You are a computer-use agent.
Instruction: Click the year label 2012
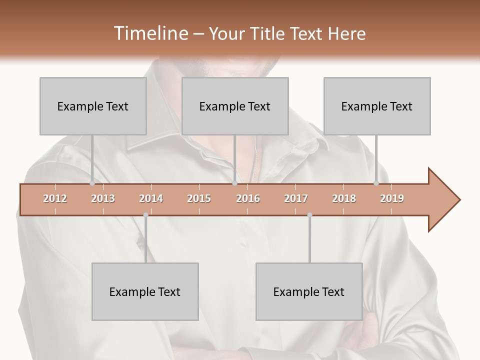55,198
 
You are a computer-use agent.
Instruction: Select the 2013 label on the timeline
103,198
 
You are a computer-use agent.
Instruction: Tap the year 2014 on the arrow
151,198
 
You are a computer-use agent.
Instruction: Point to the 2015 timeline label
199,198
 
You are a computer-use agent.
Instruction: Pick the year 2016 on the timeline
248,198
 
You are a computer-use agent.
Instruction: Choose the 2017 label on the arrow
296,198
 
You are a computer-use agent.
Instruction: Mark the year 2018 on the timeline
344,198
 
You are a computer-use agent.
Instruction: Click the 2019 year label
392,198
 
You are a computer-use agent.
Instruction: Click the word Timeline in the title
150,33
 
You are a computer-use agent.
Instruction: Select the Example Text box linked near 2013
93,106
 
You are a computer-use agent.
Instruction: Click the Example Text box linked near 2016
235,106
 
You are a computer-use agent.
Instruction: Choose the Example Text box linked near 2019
377,106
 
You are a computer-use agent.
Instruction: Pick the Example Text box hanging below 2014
145,291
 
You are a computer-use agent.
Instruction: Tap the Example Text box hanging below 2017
309,291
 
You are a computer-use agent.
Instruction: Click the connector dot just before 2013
92,183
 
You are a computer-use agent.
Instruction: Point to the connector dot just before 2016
234,183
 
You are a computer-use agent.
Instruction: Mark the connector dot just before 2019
376,183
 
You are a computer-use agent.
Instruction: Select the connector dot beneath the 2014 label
145,215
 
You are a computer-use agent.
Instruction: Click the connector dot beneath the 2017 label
309,215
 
